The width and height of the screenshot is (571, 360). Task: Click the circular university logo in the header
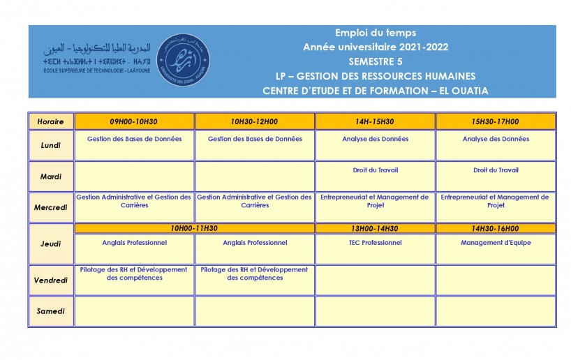click(x=183, y=60)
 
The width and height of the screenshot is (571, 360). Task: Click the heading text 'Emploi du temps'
click(x=376, y=33)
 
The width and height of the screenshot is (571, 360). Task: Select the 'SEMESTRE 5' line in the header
click(x=376, y=61)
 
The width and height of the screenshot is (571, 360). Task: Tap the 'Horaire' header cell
click(x=51, y=121)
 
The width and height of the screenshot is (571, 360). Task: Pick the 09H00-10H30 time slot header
click(x=134, y=121)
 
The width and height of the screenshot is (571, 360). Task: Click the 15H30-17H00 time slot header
click(x=496, y=121)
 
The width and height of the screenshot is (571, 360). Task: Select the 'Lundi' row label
click(x=51, y=145)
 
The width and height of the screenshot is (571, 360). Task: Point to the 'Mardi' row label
click(x=51, y=177)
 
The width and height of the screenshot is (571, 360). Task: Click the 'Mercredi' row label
click(x=51, y=207)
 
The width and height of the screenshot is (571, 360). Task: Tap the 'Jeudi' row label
click(x=51, y=243)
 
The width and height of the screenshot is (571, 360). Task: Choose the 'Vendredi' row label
click(x=51, y=280)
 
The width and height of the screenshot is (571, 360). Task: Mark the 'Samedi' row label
click(x=51, y=311)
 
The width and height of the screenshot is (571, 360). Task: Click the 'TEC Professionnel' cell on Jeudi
click(x=376, y=243)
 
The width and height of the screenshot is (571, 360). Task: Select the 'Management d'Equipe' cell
click(x=496, y=243)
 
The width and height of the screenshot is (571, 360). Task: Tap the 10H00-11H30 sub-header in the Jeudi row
click(x=194, y=228)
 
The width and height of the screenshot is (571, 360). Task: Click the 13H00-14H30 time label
click(x=376, y=228)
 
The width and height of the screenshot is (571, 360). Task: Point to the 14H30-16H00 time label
click(x=496, y=228)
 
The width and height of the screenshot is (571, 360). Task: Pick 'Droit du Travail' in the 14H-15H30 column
click(x=376, y=170)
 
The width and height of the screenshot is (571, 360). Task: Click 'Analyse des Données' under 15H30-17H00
click(x=496, y=139)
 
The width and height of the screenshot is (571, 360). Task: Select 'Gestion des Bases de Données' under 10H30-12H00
click(x=255, y=139)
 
